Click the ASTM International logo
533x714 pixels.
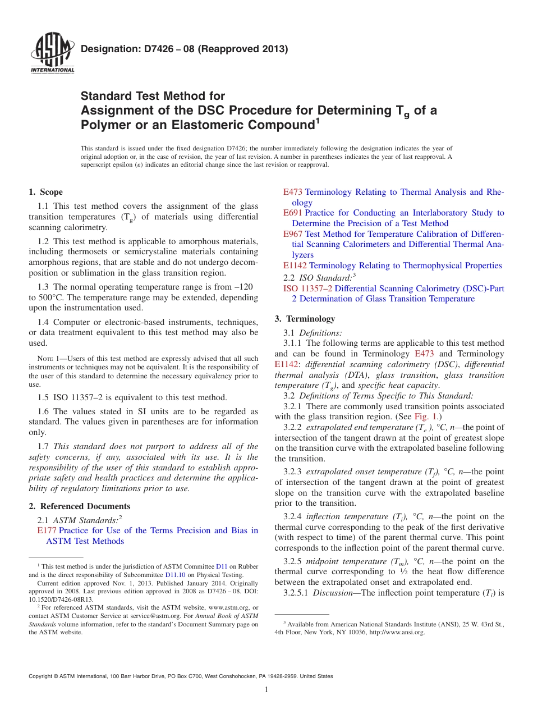[53, 54]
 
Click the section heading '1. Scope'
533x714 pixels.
[46, 192]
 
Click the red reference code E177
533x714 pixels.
[47, 530]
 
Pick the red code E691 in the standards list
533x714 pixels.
[292, 213]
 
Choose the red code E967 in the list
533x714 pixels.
[292, 234]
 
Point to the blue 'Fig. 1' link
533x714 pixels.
[429, 417]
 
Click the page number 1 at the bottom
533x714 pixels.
[266, 689]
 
